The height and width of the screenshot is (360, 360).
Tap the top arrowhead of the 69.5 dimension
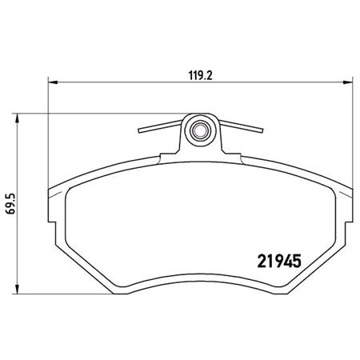click(18, 115)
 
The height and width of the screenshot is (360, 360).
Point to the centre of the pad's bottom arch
click(200, 270)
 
